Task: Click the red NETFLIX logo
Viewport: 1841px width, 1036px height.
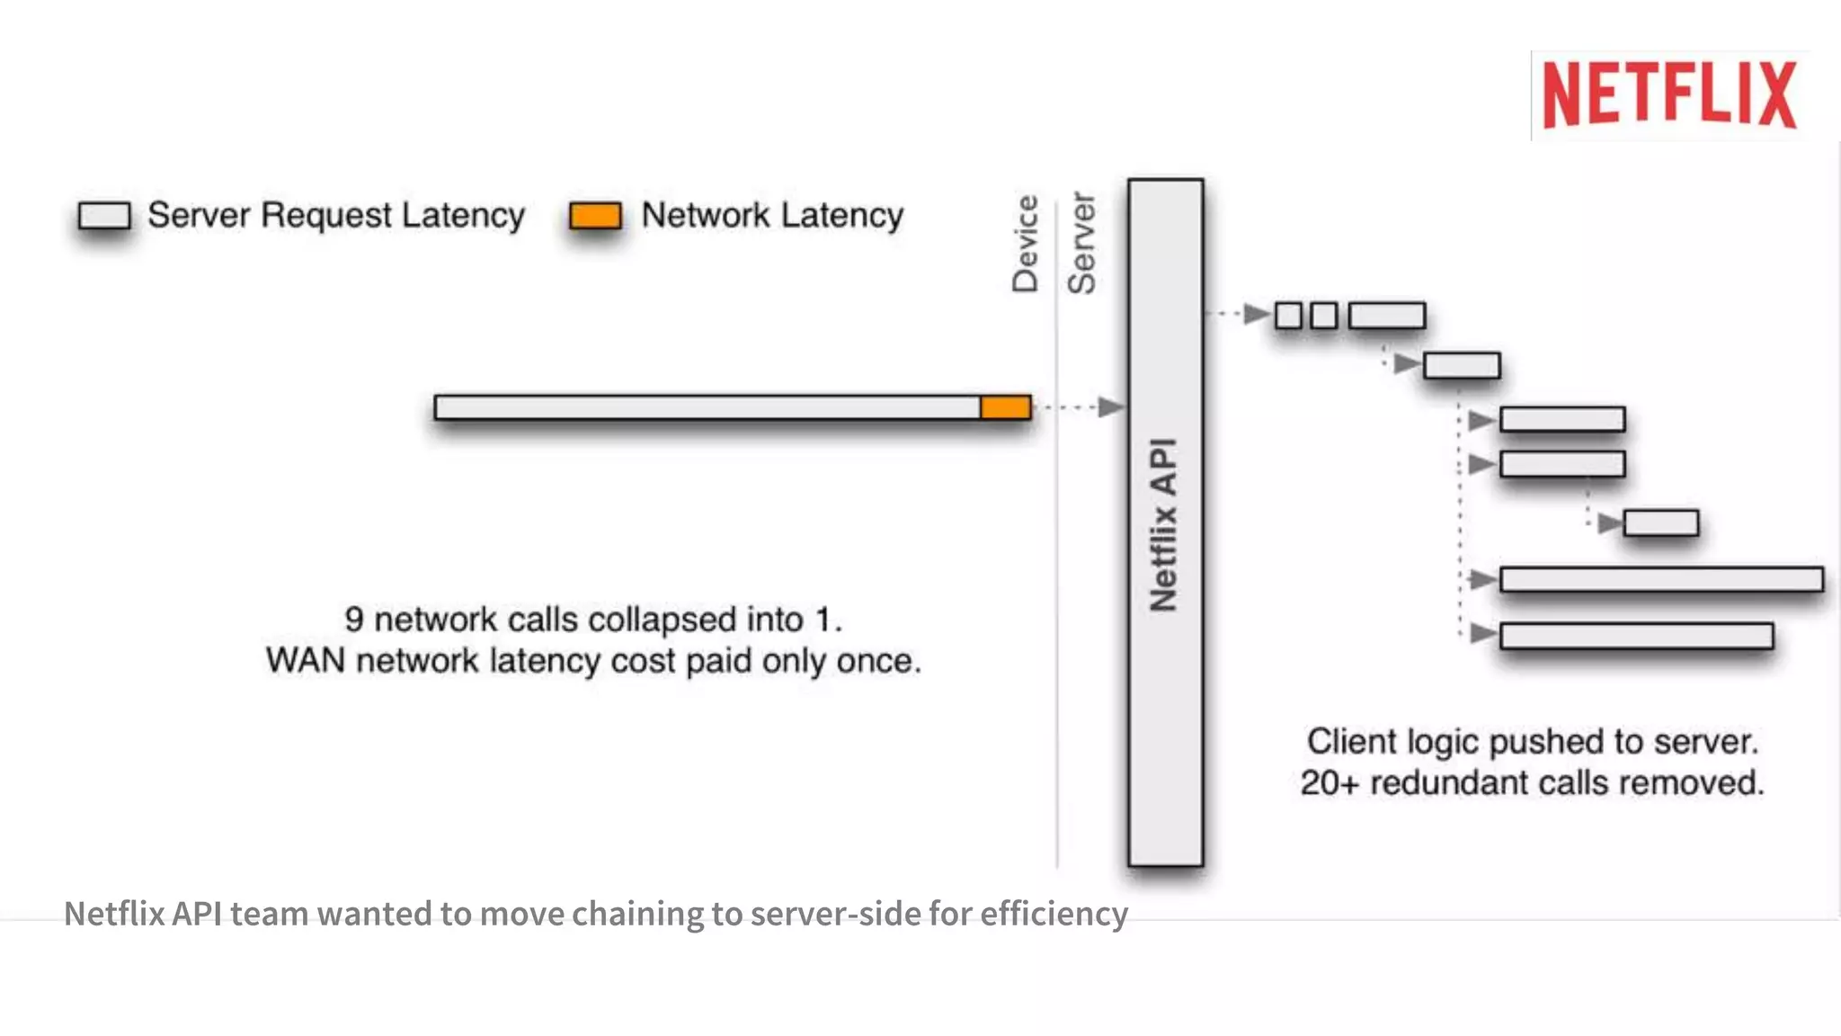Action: point(1669,94)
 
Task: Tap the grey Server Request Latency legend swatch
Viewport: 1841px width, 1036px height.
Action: point(104,216)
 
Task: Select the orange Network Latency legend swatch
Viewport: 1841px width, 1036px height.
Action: point(595,216)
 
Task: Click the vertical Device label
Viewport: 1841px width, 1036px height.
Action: point(1026,244)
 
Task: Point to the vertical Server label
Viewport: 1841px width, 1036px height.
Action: point(1081,243)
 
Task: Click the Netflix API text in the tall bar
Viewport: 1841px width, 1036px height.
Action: point(1165,525)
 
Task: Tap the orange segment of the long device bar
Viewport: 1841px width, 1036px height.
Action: point(1005,407)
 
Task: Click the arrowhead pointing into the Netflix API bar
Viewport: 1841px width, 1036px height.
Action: point(1111,407)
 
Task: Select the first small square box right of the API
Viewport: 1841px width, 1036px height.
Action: point(1288,316)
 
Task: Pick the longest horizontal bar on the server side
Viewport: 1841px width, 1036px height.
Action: point(1661,579)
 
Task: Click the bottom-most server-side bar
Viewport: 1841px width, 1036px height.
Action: point(1636,636)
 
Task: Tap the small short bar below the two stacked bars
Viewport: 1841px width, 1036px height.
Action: point(1660,522)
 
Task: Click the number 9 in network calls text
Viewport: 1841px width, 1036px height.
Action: point(354,620)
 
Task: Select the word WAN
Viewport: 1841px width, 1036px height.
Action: point(306,661)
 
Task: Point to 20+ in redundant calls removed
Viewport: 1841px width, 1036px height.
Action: point(1330,782)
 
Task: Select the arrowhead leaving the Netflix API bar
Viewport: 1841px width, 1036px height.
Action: point(1256,314)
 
